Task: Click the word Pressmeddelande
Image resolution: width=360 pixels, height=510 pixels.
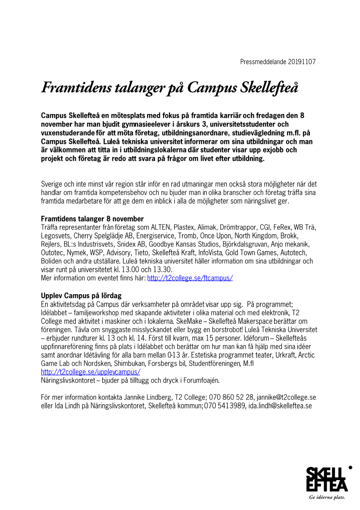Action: click(263, 62)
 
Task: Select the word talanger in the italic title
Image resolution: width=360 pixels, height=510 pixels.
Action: click(137, 87)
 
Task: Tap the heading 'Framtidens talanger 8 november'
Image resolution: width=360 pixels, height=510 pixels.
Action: click(92, 219)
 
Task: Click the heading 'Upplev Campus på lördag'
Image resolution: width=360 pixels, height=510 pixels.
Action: click(81, 295)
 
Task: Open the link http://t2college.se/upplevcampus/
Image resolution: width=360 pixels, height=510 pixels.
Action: click(91, 372)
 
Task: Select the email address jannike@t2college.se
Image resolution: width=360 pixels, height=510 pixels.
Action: click(286, 397)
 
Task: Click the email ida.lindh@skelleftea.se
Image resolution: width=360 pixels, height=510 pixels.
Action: click(280, 405)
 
